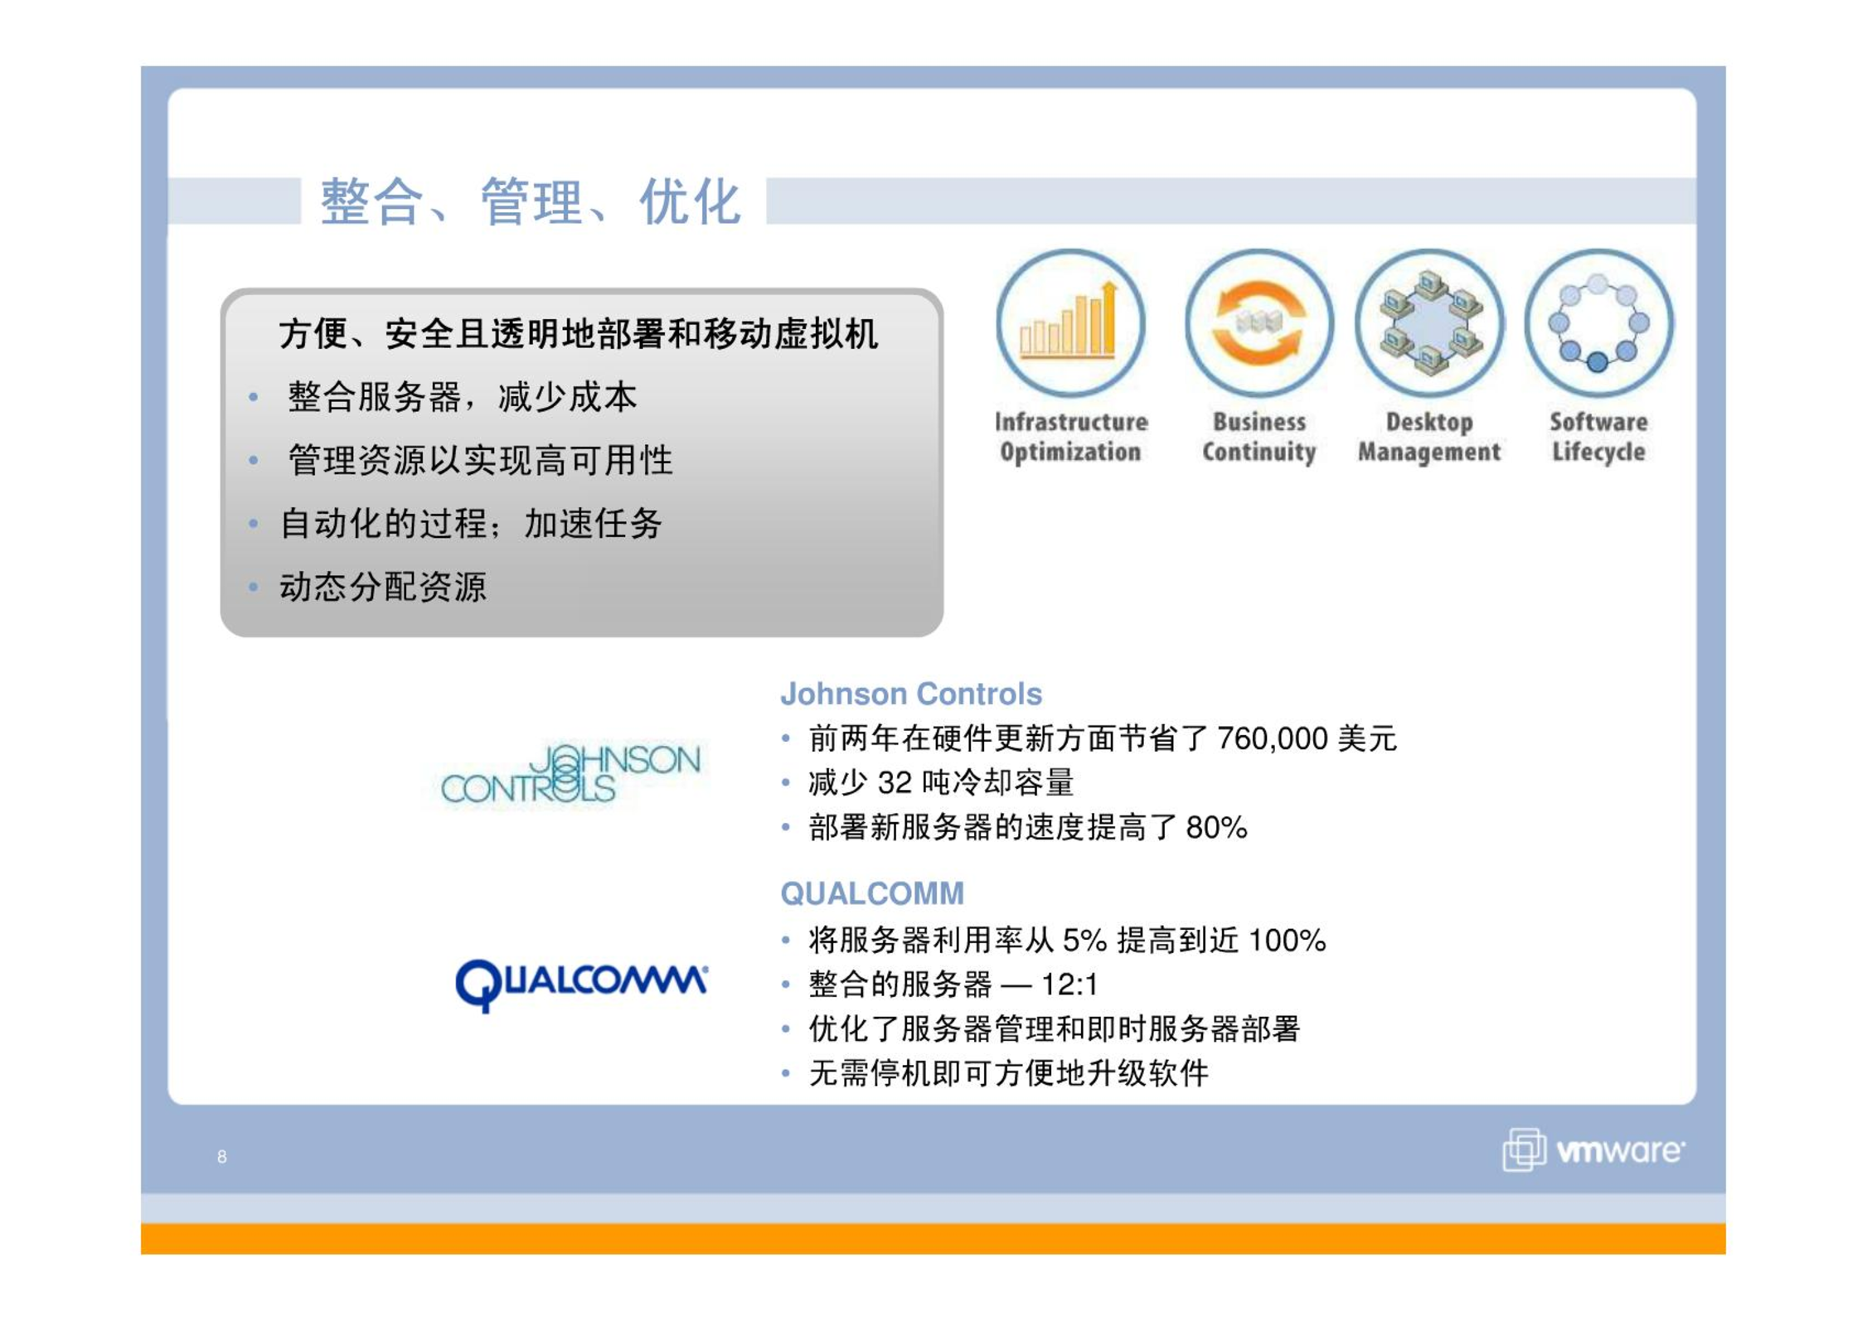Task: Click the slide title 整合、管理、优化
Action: click(530, 201)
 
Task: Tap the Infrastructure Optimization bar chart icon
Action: click(1070, 323)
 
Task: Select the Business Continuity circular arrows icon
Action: click(1258, 323)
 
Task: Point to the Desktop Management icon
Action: click(1429, 323)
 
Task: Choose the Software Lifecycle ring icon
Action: click(1598, 323)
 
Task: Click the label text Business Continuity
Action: click(1258, 437)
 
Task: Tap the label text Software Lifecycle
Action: click(1598, 437)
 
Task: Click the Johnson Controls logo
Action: click(570, 774)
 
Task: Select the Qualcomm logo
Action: click(581, 985)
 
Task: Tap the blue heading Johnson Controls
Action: click(910, 694)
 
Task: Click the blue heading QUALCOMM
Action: click(872, 893)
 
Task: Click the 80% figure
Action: click(1216, 827)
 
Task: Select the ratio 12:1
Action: click(1069, 985)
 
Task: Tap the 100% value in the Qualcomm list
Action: click(1287, 941)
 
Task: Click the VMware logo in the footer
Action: click(1593, 1150)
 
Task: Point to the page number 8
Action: click(221, 1157)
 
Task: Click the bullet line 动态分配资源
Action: click(383, 587)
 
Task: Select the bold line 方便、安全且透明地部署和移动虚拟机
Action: click(578, 334)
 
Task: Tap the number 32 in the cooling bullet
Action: click(895, 782)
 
